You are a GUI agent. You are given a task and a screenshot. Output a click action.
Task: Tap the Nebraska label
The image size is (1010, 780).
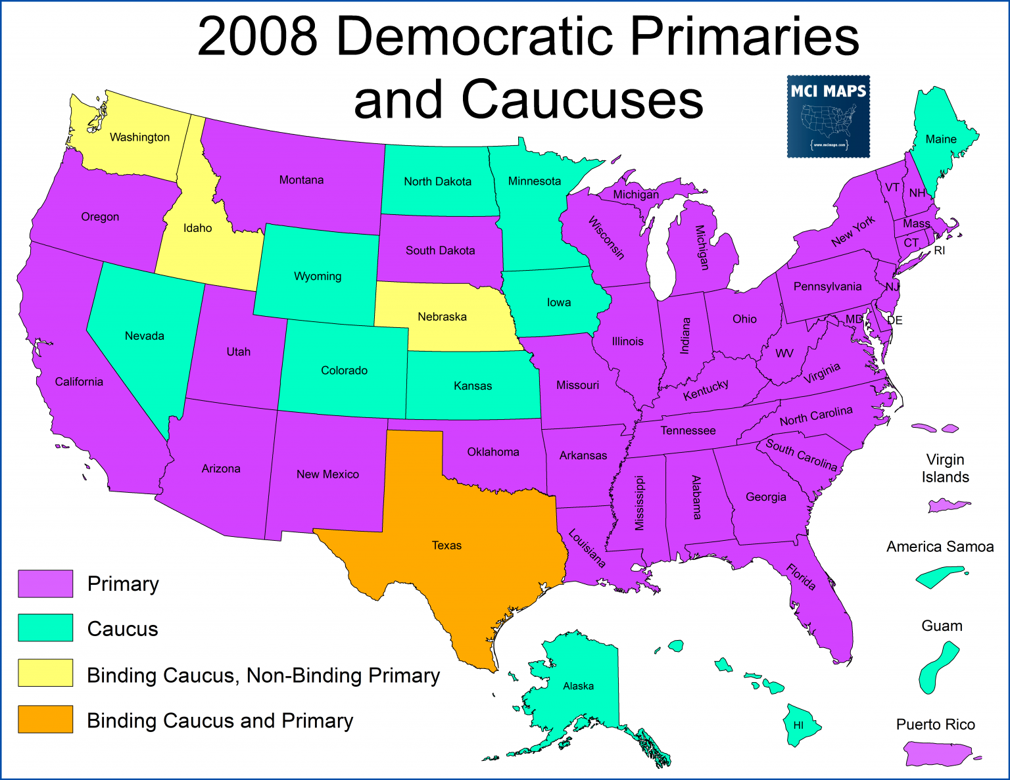(442, 317)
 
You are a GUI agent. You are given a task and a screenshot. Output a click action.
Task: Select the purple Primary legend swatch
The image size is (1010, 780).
(45, 584)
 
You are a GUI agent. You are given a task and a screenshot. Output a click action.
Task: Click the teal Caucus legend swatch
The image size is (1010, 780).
(45, 628)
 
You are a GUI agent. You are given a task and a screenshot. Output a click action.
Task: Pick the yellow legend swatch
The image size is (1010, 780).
(45, 673)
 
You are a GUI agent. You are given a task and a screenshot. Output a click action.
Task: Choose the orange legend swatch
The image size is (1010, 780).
(45, 719)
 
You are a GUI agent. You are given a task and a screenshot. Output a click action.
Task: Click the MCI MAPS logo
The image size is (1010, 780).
(829, 117)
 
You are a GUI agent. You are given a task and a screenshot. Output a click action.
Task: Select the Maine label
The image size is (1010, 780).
(941, 139)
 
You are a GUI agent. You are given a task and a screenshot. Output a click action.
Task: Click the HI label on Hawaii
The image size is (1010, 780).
(798, 725)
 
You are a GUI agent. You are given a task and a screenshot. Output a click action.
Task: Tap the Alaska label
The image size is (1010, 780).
(578, 686)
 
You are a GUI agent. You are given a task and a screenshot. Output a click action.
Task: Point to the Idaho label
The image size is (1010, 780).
(197, 228)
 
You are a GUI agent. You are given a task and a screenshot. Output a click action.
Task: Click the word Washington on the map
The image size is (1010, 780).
(139, 137)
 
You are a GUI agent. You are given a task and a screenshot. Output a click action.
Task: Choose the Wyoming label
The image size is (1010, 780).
(318, 276)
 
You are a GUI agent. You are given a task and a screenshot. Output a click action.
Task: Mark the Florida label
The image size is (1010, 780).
(802, 578)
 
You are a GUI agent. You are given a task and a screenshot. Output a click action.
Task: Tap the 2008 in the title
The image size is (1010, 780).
(258, 37)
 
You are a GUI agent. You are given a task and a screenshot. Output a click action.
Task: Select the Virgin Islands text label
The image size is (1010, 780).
(945, 468)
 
